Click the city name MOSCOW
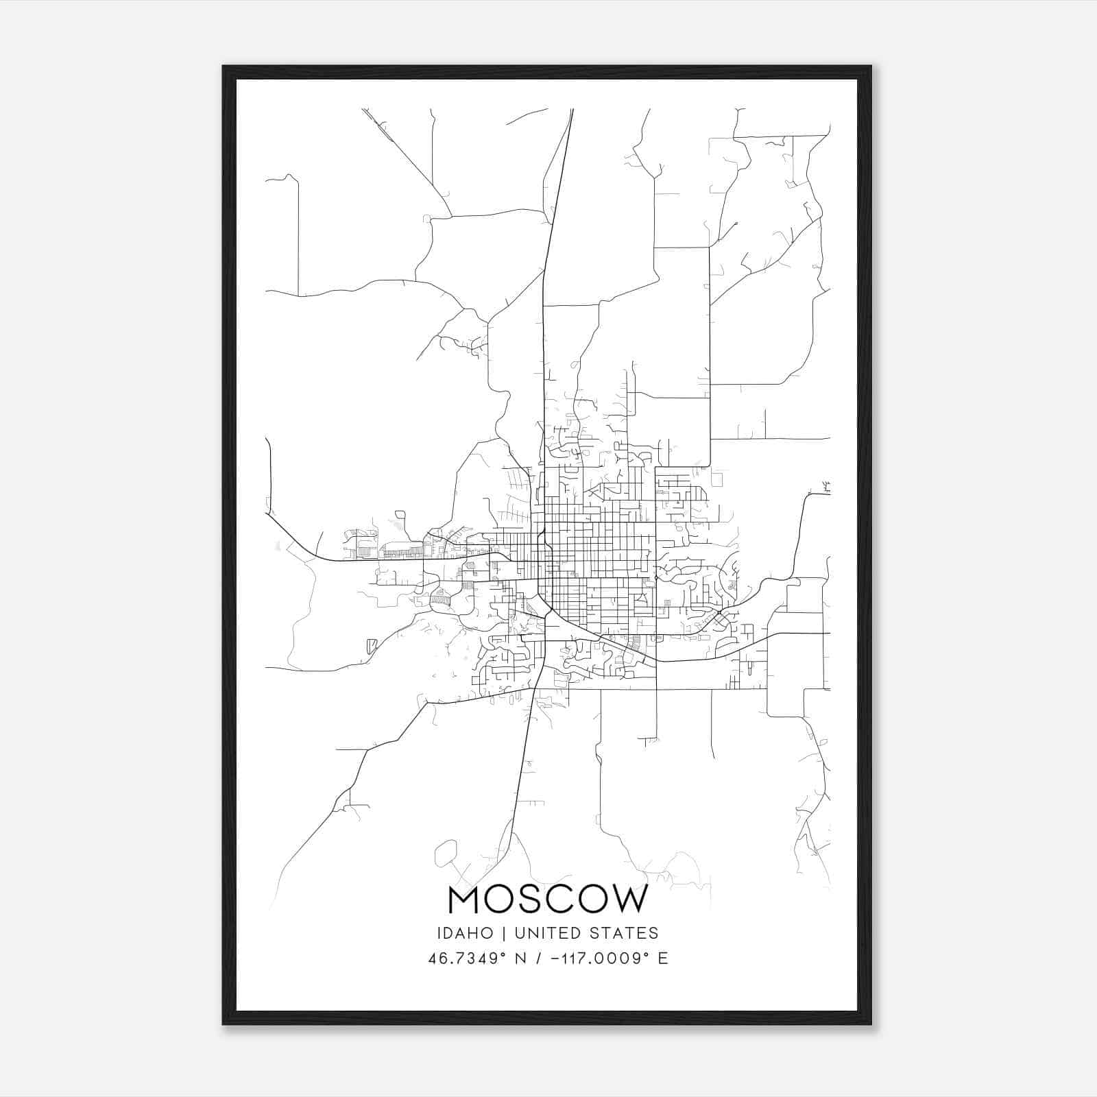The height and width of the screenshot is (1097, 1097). [x=547, y=900]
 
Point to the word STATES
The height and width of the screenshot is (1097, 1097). [x=624, y=933]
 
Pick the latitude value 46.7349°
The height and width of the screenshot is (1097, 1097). [x=467, y=959]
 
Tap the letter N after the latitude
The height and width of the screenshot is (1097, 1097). [x=521, y=959]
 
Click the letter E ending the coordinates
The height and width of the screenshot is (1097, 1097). [x=662, y=959]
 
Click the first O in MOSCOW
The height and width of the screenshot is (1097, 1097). [x=498, y=900]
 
